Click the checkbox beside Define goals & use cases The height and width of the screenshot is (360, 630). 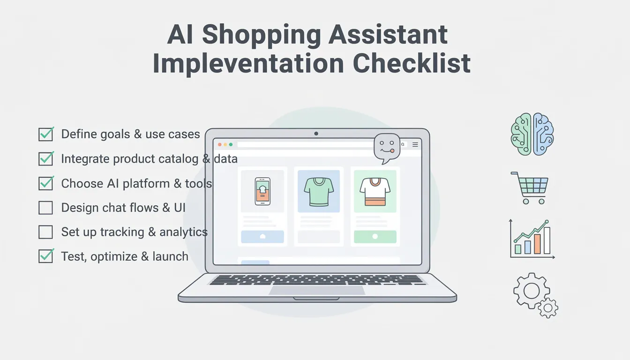[x=45, y=135]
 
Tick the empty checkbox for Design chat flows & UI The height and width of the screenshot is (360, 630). [x=45, y=208]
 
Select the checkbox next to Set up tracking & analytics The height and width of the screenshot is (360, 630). [x=45, y=232]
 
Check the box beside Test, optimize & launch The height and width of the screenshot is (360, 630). [x=45, y=256]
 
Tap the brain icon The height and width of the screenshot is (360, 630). [x=532, y=134]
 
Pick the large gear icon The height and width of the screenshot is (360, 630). [x=531, y=291]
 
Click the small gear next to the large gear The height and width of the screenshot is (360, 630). [x=547, y=307]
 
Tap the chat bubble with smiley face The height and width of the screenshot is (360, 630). [x=386, y=147]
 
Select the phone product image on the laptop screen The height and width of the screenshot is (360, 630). [x=262, y=191]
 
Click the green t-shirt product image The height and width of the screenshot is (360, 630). [x=319, y=191]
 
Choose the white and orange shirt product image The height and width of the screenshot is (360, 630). [x=375, y=191]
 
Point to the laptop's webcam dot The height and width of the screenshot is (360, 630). [x=316, y=134]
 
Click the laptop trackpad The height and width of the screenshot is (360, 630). [x=317, y=290]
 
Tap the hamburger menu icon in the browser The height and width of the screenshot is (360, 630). [x=415, y=145]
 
